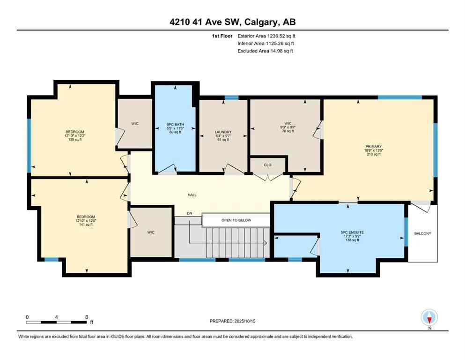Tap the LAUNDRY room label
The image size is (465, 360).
click(223, 132)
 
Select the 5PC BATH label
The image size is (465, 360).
click(176, 124)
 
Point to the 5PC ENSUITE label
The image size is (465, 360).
click(349, 231)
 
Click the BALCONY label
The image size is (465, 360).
click(423, 233)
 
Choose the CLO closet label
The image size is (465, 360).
click(267, 165)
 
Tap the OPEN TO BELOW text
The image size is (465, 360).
click(236, 220)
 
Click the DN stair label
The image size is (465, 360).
click(189, 213)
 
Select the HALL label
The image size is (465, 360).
click(192, 195)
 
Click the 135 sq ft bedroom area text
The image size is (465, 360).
click(75, 139)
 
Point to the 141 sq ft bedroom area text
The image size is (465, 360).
click(85, 225)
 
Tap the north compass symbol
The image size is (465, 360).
click(429, 318)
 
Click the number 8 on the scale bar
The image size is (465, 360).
click(86, 317)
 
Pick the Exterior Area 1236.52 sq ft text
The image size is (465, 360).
click(266, 36)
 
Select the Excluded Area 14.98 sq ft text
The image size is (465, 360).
click(266, 51)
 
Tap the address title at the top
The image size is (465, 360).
click(232, 22)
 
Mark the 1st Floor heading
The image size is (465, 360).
click(222, 36)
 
